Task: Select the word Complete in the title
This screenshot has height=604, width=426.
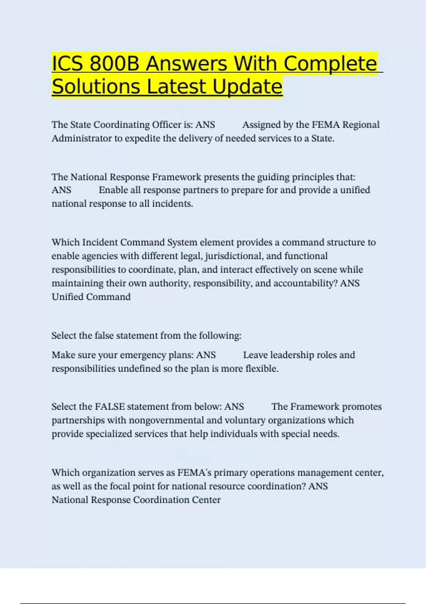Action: tap(330, 64)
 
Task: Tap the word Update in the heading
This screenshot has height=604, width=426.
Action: tap(247, 86)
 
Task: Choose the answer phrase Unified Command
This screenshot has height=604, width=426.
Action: tap(91, 297)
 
